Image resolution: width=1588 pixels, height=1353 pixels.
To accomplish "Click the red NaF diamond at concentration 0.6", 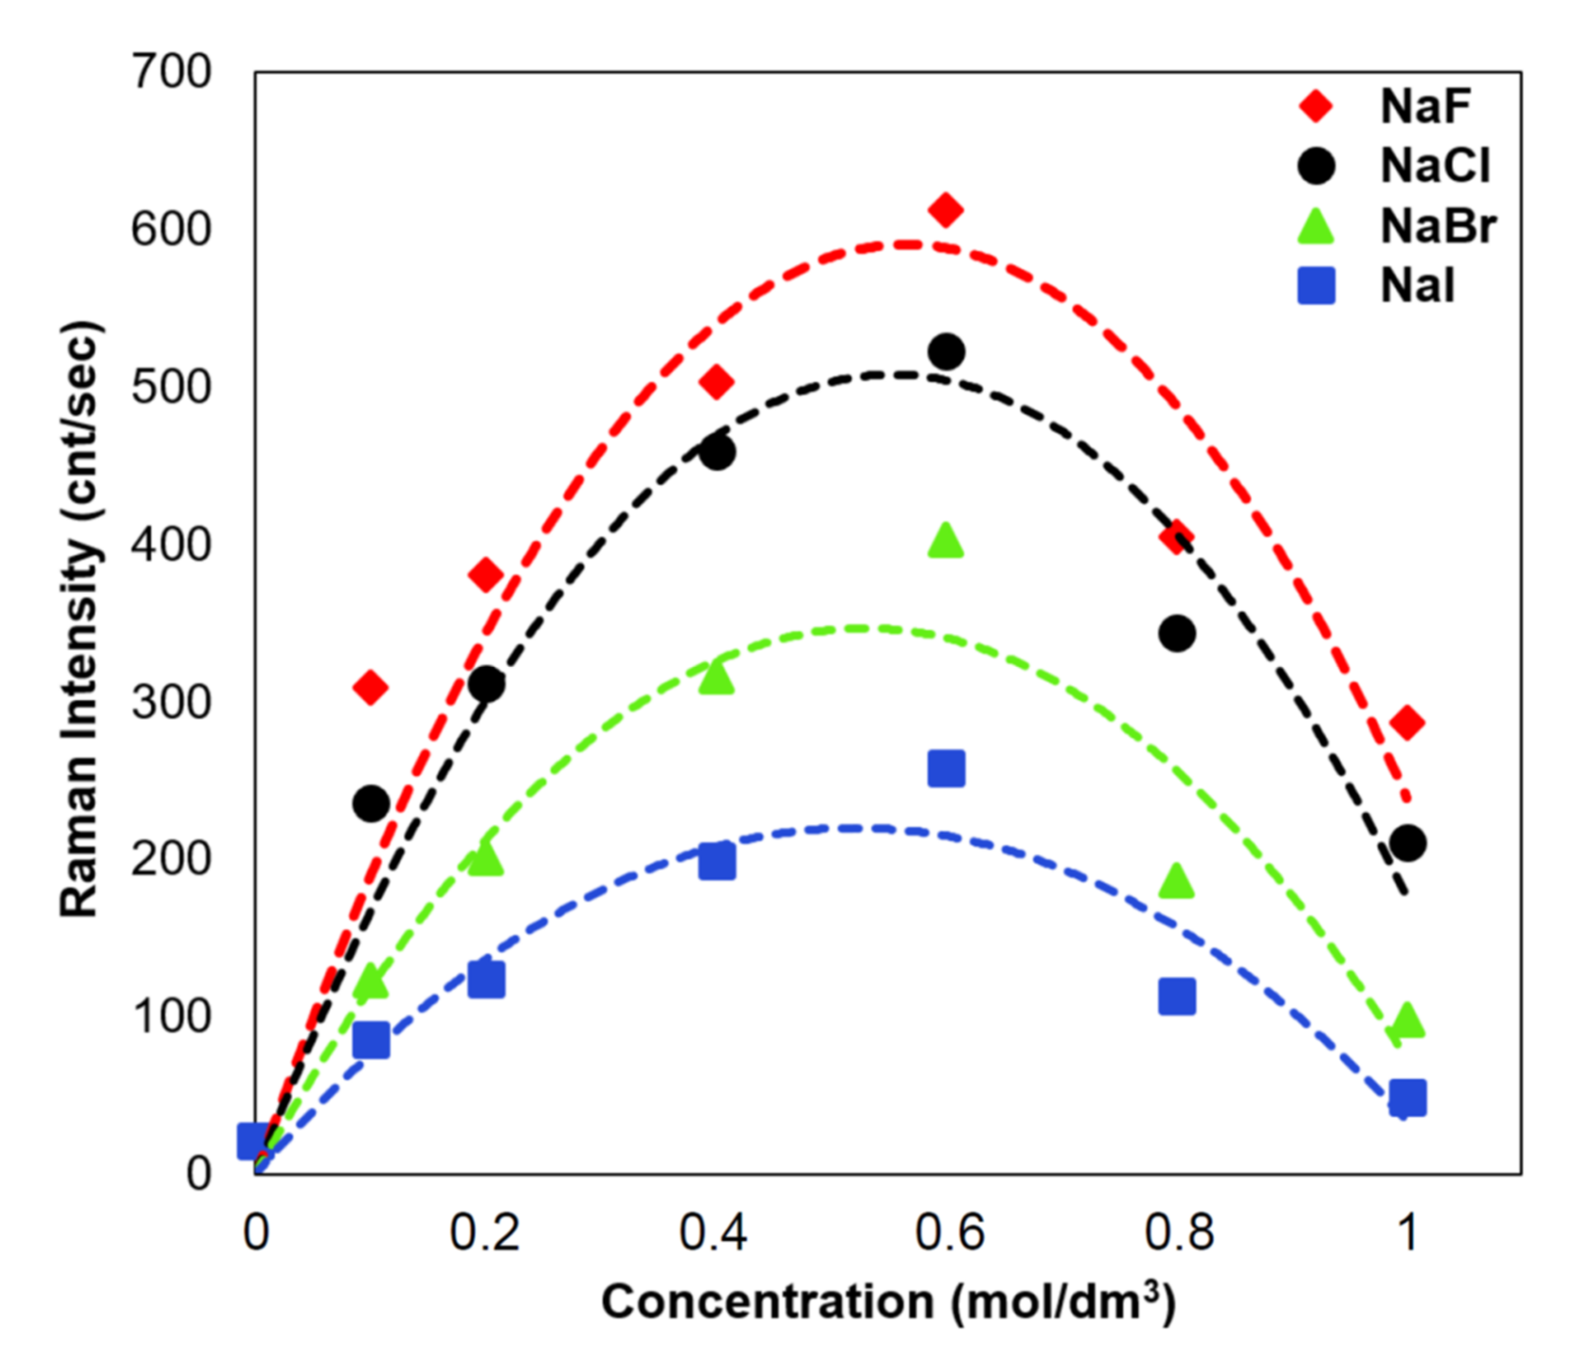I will point(946,210).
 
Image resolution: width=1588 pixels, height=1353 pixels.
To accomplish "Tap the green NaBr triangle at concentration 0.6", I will point(946,541).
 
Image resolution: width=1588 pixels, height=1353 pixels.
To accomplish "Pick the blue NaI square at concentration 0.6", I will point(946,769).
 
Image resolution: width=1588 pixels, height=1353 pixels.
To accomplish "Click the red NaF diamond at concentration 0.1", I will point(371,688).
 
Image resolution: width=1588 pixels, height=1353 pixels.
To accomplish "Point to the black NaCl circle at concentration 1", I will point(1407,843).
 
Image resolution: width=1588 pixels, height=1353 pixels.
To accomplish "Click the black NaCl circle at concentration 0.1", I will point(371,803).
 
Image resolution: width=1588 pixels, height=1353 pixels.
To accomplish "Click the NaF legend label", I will point(1425,107).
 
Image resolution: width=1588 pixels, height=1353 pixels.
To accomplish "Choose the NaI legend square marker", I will point(1317,286).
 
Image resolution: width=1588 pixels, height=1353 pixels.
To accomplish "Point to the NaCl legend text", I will point(1435,166).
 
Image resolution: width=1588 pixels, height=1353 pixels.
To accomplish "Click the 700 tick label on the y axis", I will point(171,73).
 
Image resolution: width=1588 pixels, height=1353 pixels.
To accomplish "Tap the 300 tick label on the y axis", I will point(171,702).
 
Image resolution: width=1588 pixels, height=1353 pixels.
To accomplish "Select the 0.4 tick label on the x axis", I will point(714,1234).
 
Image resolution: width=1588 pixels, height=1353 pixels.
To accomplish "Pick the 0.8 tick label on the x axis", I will point(1179,1234).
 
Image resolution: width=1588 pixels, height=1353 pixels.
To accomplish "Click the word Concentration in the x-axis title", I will point(767,1302).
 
